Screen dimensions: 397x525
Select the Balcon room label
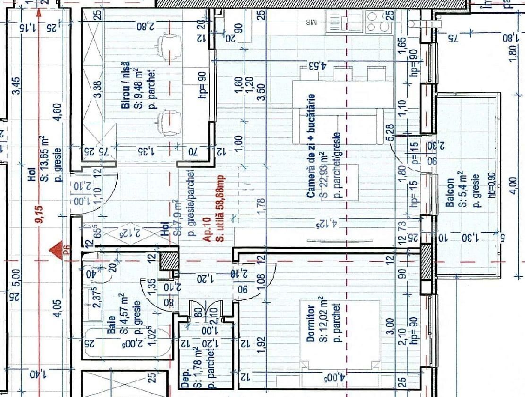(450, 193)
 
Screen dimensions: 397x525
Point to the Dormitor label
(310, 323)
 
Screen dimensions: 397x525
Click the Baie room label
(112, 326)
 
